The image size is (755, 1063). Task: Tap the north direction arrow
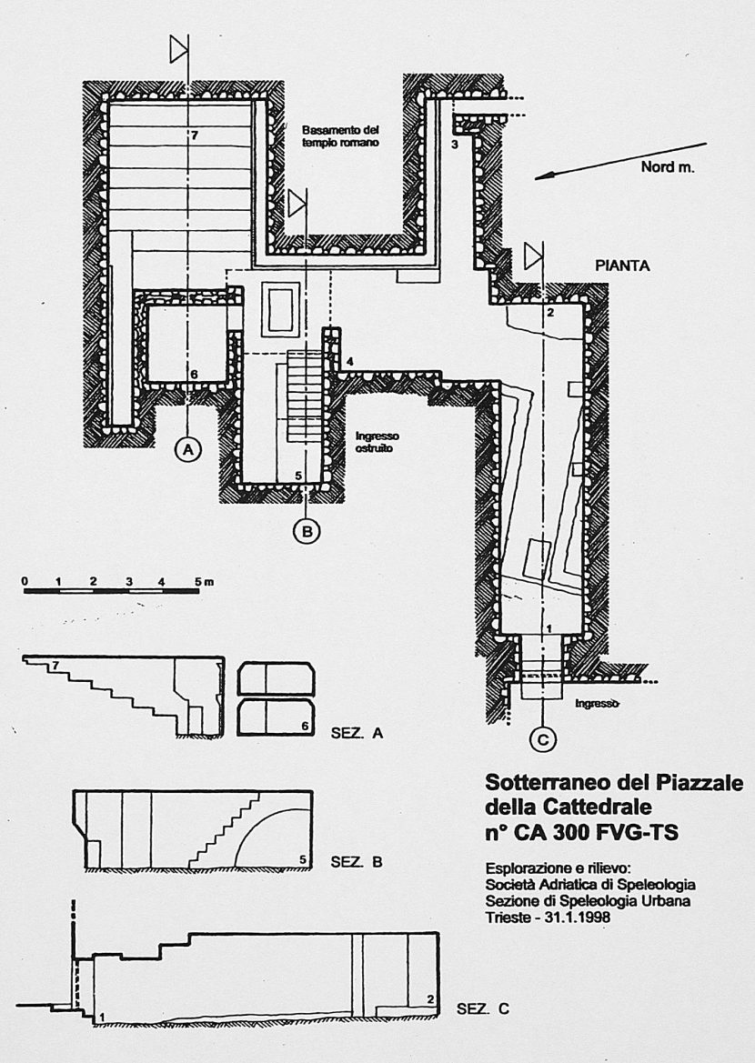point(619,160)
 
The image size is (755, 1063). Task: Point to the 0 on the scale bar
point(26,581)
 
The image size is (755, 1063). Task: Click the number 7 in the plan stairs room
point(194,135)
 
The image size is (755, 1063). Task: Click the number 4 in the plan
point(349,363)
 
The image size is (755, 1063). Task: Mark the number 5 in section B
point(303,859)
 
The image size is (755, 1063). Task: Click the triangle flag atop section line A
point(179,50)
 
